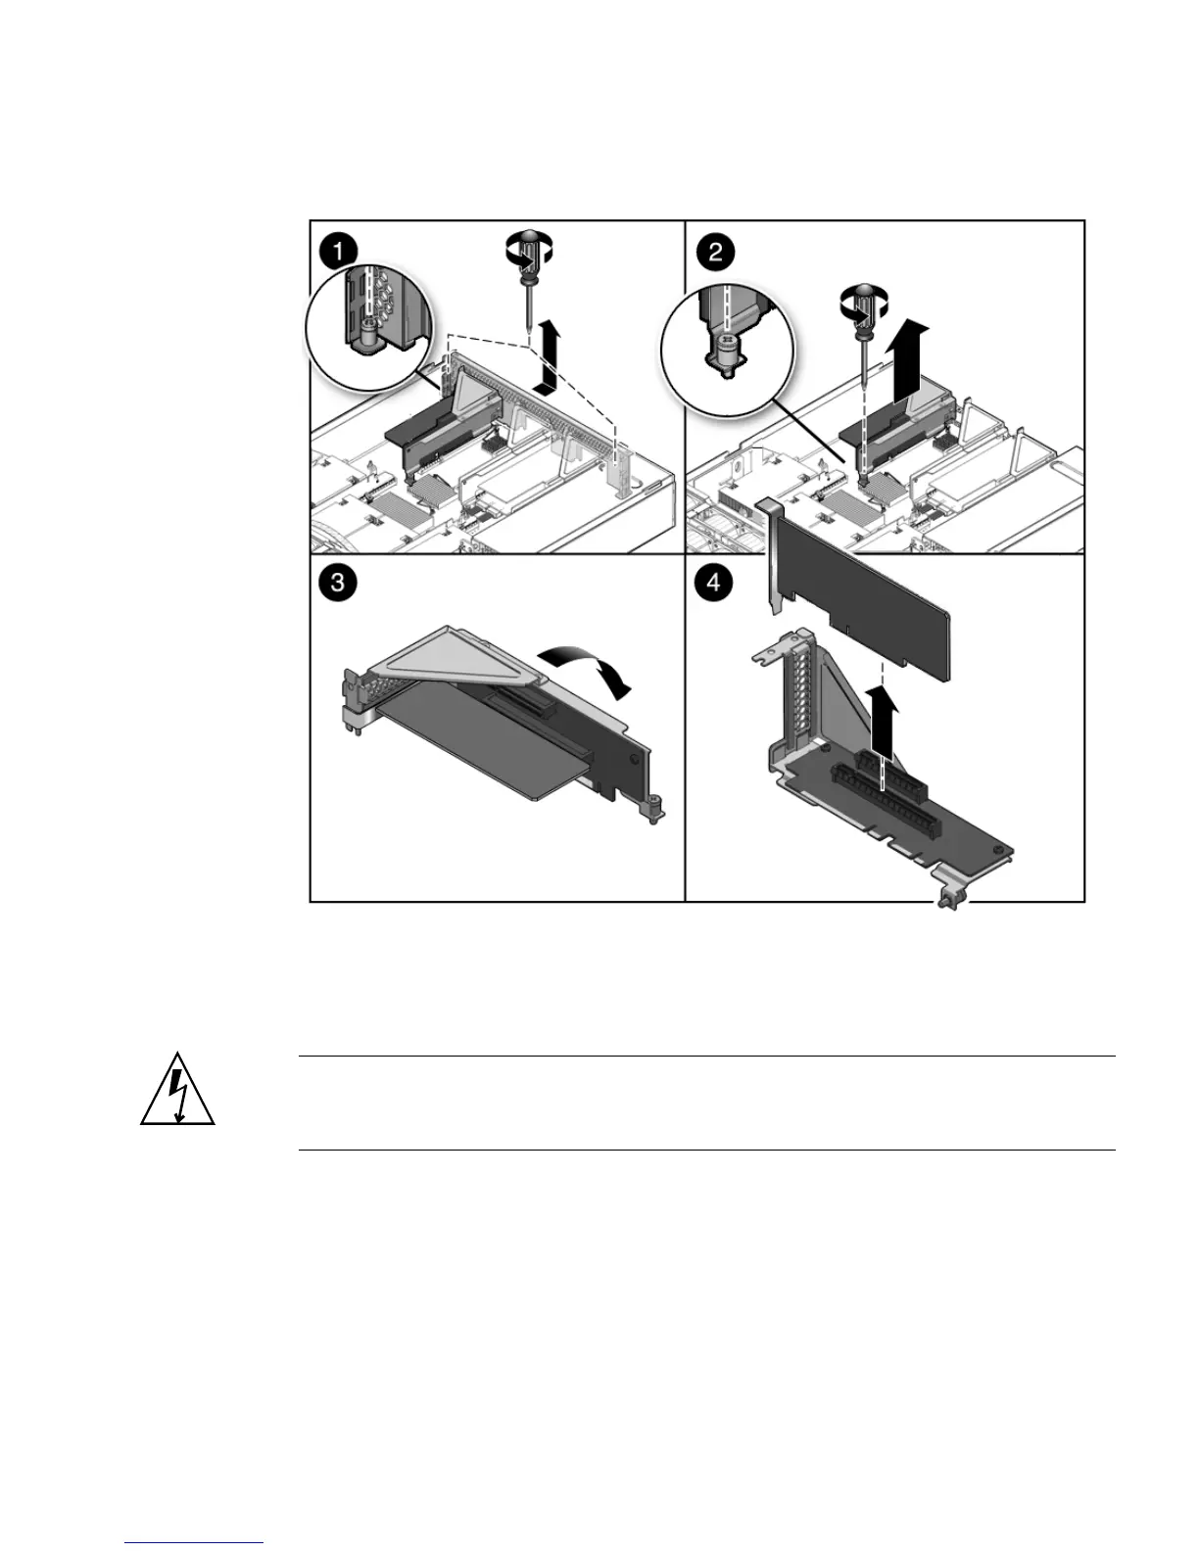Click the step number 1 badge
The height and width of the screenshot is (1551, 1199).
pyautogui.click(x=338, y=251)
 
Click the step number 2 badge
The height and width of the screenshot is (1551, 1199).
pyautogui.click(x=715, y=251)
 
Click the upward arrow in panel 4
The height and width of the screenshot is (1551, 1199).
pyautogui.click(x=884, y=720)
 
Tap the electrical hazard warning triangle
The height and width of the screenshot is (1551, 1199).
pyautogui.click(x=177, y=1091)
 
